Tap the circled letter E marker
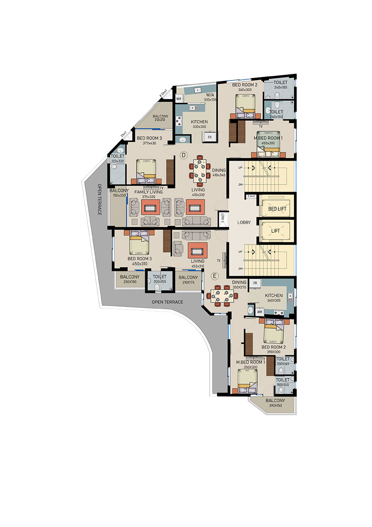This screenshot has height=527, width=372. tap(215, 276)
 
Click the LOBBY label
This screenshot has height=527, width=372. tap(244, 223)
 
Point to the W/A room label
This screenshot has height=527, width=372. tap(210, 95)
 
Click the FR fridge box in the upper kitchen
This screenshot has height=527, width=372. tap(209, 138)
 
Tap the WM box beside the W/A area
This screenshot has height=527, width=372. tap(179, 99)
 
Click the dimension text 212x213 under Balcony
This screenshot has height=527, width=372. tap(159, 120)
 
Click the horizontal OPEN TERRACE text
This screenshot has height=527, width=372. tap(167, 302)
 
